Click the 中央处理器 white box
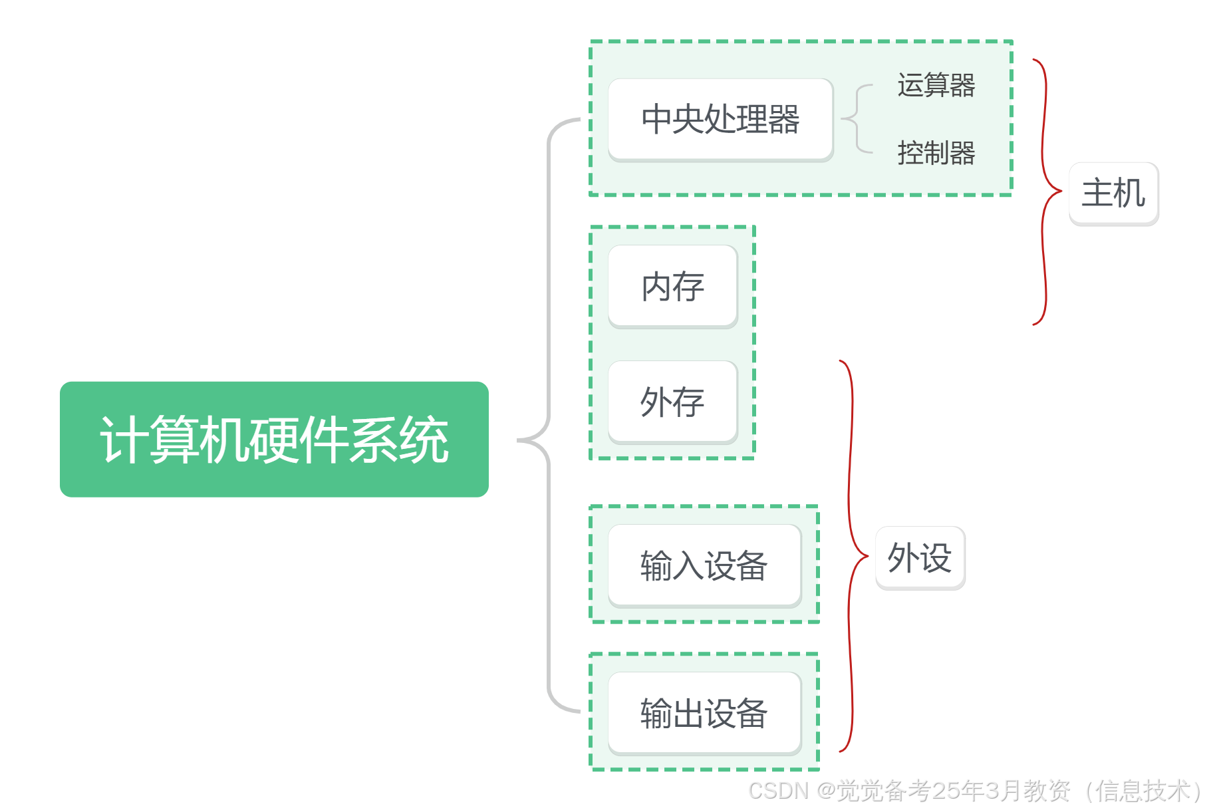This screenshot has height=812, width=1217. tap(720, 119)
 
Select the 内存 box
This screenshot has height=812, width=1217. tap(672, 286)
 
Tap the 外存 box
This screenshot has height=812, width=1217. tap(672, 402)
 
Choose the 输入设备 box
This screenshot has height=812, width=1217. tap(704, 565)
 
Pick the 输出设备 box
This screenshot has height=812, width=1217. tap(704, 713)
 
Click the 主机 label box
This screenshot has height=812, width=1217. tap(1113, 192)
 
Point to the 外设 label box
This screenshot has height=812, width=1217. tap(919, 557)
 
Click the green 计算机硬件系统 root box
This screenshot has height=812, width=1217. tap(274, 439)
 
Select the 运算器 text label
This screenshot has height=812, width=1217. tap(936, 85)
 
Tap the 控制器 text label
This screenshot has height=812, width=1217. tap(936, 153)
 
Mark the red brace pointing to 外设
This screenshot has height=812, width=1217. tap(851, 556)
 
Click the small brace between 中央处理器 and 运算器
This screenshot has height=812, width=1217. tap(857, 119)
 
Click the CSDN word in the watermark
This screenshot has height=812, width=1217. tap(777, 790)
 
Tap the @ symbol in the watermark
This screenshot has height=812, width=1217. tap(825, 790)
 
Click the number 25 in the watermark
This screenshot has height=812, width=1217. tap(945, 790)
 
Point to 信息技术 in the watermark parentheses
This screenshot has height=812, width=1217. tap(1142, 790)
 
